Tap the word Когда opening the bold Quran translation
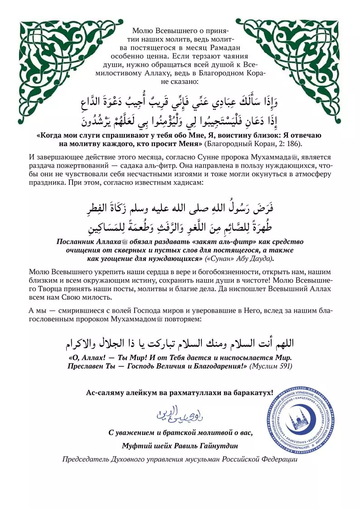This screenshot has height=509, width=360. click(x=51, y=135)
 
